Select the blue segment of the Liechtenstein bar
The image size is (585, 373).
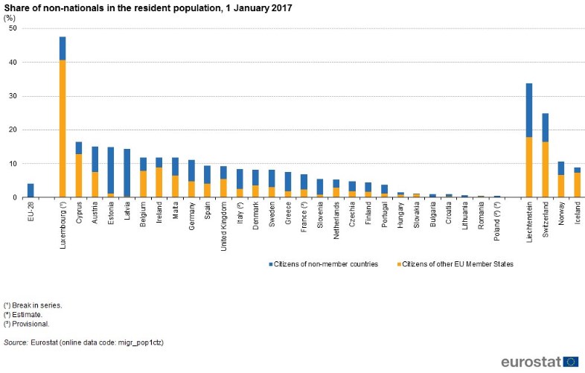coord(528,109)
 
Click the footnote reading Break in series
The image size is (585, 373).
coord(35,305)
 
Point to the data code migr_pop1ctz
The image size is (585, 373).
coord(139,342)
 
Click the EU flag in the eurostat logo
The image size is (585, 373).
coord(570,362)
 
